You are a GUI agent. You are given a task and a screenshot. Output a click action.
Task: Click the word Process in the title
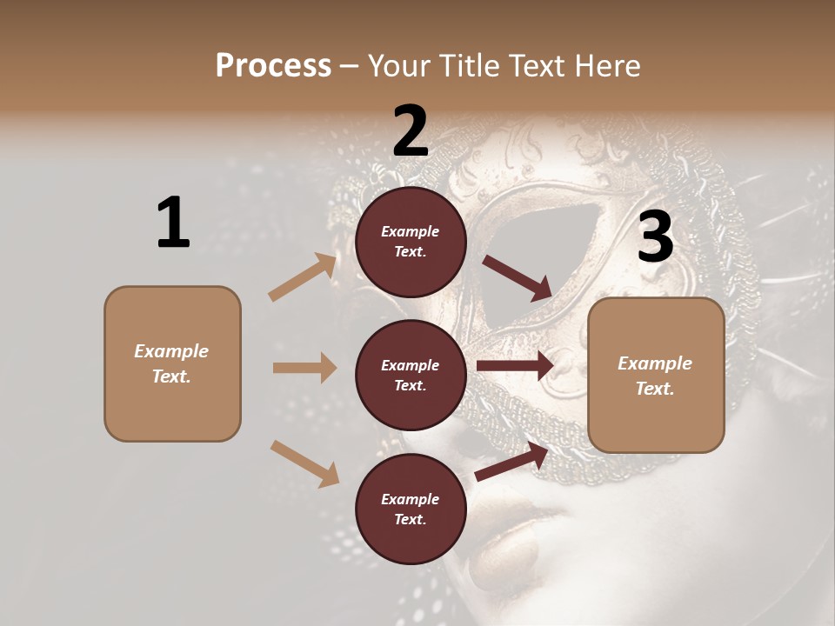point(273,66)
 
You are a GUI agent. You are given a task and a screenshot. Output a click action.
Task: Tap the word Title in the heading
point(468,66)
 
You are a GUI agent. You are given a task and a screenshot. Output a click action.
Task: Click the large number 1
point(173,223)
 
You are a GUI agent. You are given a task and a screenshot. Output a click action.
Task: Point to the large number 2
point(411,131)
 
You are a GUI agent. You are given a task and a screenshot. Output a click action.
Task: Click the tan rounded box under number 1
point(172,363)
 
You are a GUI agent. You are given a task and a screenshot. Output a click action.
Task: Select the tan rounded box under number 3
point(656,376)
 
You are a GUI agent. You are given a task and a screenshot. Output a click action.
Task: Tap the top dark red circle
point(411,242)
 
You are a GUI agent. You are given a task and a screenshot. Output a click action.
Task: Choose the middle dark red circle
point(411,375)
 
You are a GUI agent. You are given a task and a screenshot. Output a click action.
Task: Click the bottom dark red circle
point(411,509)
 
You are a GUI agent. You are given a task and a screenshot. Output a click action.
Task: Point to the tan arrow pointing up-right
point(303,277)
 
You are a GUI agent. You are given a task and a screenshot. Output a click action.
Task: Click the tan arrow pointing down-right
point(304,463)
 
